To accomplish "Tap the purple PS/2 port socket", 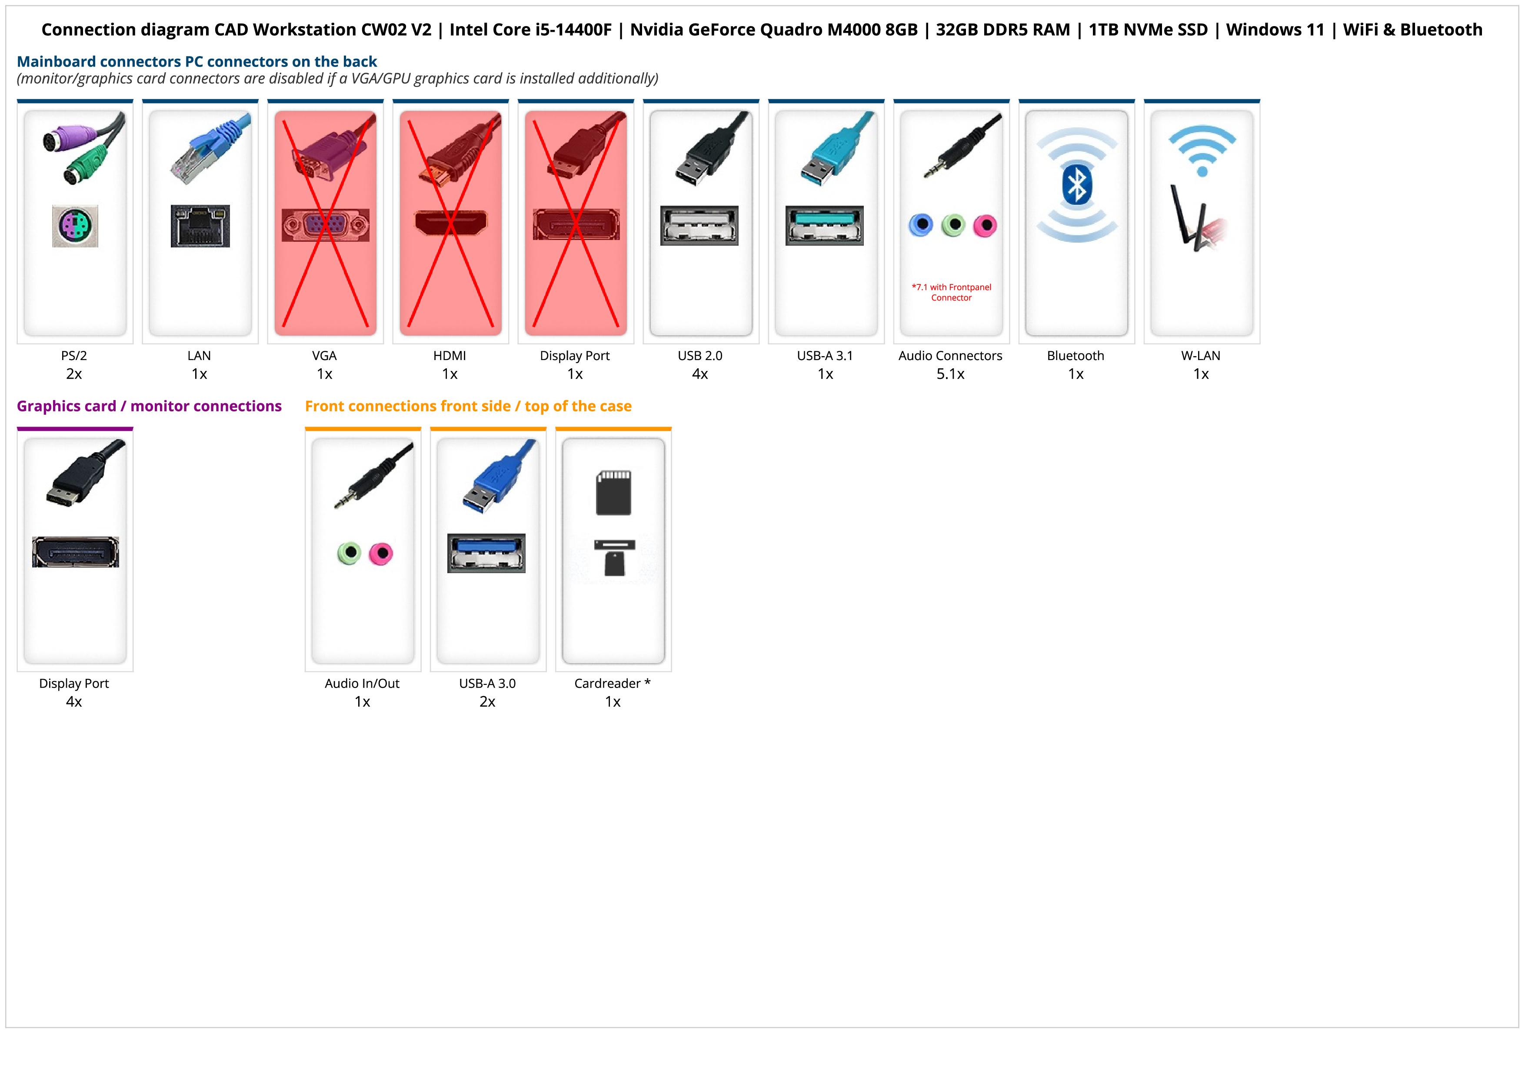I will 75,226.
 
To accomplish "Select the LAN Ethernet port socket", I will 200,226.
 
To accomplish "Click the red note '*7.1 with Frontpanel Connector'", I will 951,292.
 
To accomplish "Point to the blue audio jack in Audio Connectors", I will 921,225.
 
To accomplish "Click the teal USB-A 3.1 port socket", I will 824,225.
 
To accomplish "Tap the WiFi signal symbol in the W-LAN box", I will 1202,150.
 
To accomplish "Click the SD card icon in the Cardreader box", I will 614,493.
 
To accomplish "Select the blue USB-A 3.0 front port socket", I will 486,553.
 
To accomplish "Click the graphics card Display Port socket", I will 75,552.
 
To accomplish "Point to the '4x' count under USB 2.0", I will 699,374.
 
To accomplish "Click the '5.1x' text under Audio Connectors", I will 950,374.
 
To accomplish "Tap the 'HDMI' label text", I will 450,355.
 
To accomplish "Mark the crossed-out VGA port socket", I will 325,225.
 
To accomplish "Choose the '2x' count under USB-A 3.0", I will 487,702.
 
